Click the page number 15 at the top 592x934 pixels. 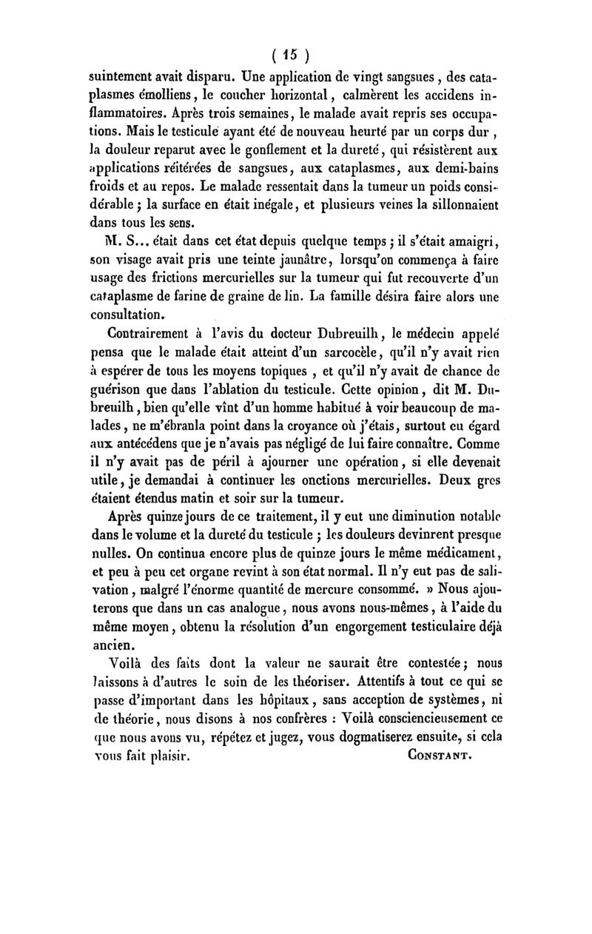tap(295, 56)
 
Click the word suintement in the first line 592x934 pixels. tap(119, 75)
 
